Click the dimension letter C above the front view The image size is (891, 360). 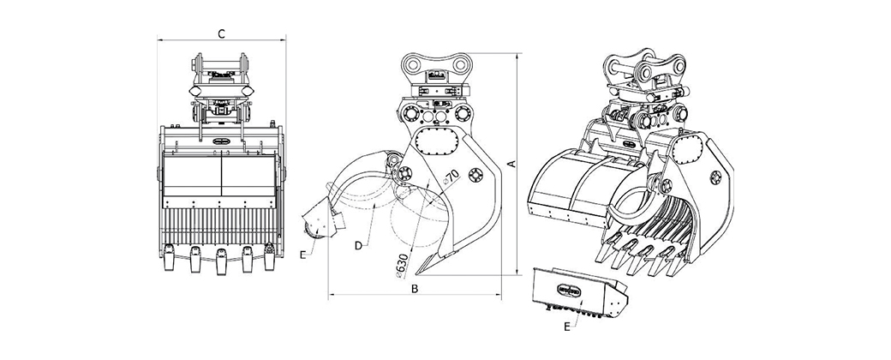click(222, 33)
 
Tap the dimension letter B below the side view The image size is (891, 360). click(415, 289)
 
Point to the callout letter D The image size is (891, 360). click(359, 246)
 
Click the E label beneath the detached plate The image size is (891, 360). click(567, 327)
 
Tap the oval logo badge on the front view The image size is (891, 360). click(221, 140)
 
